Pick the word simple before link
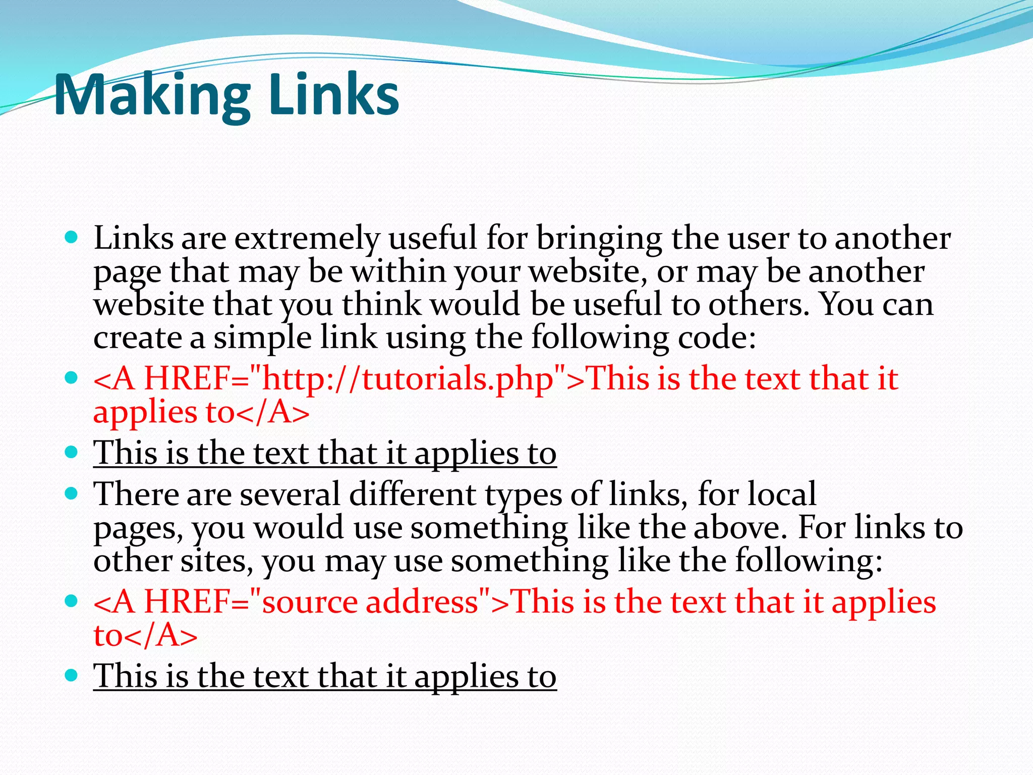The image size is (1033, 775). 262,338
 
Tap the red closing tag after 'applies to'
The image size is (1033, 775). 273,413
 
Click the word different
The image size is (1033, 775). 412,494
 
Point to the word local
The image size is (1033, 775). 781,494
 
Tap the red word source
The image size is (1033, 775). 310,602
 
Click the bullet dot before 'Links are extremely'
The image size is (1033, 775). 72,237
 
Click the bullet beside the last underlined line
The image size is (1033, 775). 72,675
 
